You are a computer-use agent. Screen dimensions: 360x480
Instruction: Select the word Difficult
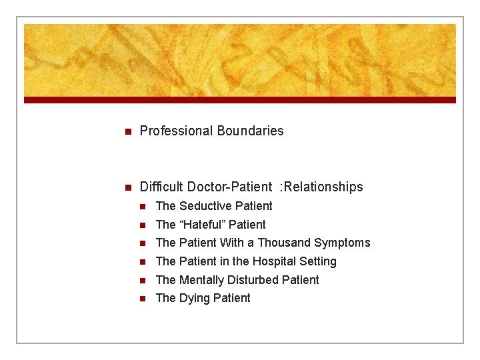161,187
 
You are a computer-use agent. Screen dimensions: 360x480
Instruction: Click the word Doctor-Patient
229,187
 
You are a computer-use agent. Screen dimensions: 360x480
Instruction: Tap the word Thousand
284,243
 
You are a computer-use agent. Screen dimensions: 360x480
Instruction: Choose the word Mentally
203,280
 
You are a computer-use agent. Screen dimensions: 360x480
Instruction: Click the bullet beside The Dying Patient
141,299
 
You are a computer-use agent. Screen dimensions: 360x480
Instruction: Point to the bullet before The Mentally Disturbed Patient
141,280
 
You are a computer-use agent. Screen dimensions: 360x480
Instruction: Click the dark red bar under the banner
240,100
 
